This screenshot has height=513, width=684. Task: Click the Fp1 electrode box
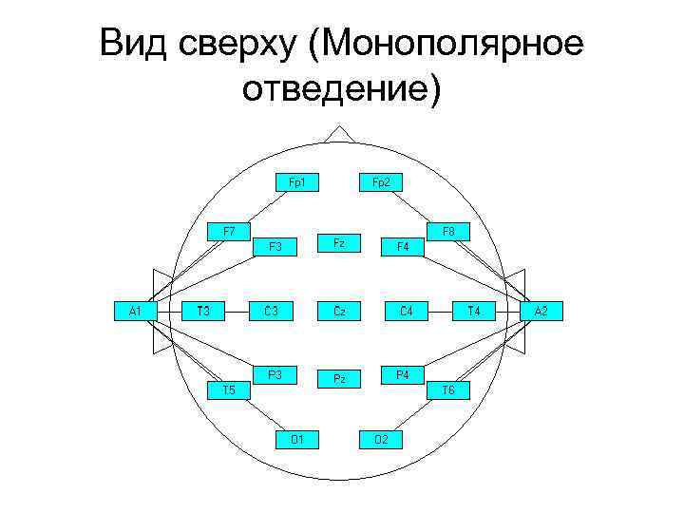[297, 181]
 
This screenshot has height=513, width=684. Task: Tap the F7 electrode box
[229, 231]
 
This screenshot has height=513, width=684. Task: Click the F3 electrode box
[275, 246]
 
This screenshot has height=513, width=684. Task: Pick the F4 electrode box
[403, 246]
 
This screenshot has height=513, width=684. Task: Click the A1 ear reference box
[136, 310]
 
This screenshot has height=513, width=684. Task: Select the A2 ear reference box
[541, 310]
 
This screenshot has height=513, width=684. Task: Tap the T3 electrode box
[202, 310]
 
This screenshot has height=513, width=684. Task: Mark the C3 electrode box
[272, 310]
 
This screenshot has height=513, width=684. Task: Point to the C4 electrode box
[407, 310]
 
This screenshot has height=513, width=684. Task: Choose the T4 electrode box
[473, 310]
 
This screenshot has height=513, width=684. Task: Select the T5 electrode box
[229, 389]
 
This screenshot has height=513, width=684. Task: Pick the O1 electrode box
[297, 438]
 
